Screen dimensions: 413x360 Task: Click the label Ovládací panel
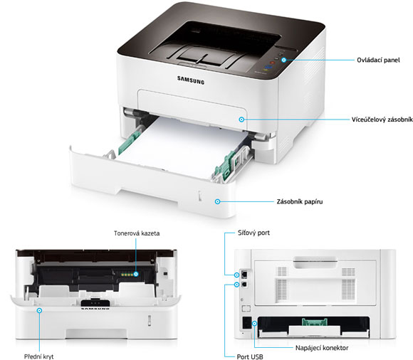378,60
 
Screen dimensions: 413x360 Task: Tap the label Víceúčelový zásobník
382,120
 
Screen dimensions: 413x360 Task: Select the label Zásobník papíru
300,202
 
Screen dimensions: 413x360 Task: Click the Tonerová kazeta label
137,233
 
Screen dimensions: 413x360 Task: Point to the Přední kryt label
38,356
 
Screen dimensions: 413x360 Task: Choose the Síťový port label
253,233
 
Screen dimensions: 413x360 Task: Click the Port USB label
250,357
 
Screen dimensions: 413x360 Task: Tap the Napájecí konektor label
322,348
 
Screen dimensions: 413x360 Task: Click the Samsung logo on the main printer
191,80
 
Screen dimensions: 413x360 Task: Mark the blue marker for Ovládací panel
283,60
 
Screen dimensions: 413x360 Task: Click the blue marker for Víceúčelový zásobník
241,120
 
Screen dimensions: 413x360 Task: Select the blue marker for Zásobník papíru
218,201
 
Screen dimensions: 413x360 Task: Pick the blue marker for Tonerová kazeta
136,274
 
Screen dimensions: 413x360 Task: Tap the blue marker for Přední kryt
39,310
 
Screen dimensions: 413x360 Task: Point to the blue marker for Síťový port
237,275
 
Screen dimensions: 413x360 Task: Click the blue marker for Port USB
237,285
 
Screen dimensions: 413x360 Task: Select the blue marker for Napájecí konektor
254,323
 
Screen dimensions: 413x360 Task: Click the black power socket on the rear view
247,322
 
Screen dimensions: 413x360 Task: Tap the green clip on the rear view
315,322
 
